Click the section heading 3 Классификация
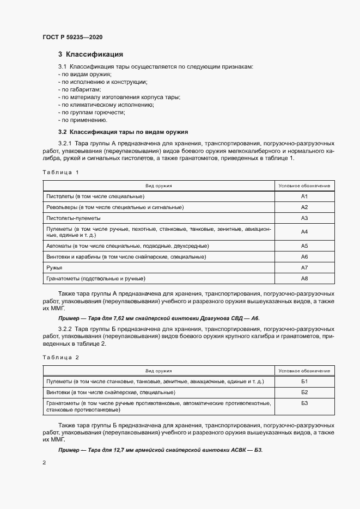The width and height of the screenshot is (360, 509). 90,54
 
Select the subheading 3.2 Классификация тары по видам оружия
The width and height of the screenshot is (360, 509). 123,132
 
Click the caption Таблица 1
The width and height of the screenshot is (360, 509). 60,173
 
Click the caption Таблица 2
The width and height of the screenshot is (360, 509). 60,358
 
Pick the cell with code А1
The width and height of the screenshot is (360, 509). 304,196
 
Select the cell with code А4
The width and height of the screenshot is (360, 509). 304,232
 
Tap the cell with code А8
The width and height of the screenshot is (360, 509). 304,279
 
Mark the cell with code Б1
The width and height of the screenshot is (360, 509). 304,381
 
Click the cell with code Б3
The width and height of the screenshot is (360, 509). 304,403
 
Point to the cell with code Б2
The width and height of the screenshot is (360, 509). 304,393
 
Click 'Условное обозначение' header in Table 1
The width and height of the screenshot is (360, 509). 304,186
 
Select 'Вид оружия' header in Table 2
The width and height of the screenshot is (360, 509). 159,371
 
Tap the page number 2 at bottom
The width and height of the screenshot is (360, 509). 44,463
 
